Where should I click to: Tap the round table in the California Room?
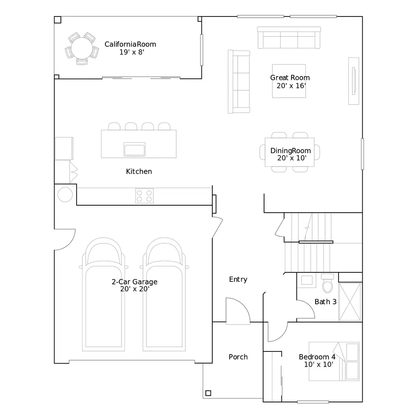pyautogui.click(x=82, y=48)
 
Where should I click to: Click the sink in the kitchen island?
pyautogui.click(x=134, y=149)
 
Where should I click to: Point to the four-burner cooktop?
pyautogui.click(x=144, y=196)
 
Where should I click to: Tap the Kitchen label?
pyautogui.click(x=139, y=172)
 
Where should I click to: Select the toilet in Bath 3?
pyautogui.click(x=327, y=283)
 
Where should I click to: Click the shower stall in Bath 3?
pyautogui.click(x=350, y=302)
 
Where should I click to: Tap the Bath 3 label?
pyautogui.click(x=326, y=302)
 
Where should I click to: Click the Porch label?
pyautogui.click(x=238, y=357)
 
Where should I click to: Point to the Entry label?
pyautogui.click(x=238, y=279)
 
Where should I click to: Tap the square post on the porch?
pyautogui.click(x=208, y=393)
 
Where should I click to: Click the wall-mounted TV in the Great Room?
pyautogui.click(x=354, y=81)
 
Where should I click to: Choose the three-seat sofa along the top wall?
pyautogui.click(x=289, y=38)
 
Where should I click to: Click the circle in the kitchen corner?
pyautogui.click(x=65, y=195)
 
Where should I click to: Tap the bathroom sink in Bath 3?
pyautogui.click(x=307, y=280)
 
